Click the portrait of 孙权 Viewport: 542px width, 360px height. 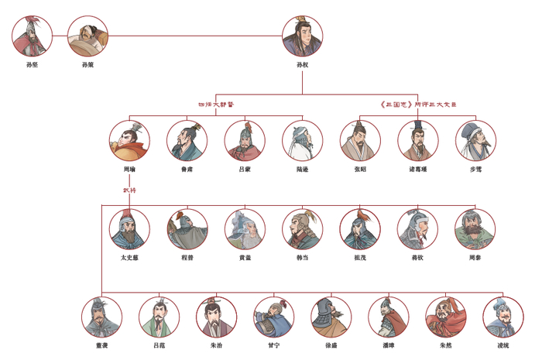click(x=303, y=37)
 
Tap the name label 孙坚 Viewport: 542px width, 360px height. click(x=33, y=65)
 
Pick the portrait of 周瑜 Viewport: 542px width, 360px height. click(x=129, y=140)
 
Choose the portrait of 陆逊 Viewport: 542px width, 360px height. click(x=302, y=140)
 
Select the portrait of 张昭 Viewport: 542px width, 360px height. click(x=360, y=140)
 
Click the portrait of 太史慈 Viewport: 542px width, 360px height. click(x=129, y=228)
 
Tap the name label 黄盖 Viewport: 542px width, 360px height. click(x=245, y=257)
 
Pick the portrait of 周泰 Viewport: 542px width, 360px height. click(x=475, y=228)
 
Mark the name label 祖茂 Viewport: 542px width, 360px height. click(x=359, y=257)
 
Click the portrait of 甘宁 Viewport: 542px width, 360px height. click(x=273, y=316)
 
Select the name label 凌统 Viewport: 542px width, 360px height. click(x=503, y=345)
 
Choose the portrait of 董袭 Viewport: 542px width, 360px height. click(x=101, y=316)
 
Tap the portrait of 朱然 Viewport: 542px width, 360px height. click(x=446, y=316)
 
